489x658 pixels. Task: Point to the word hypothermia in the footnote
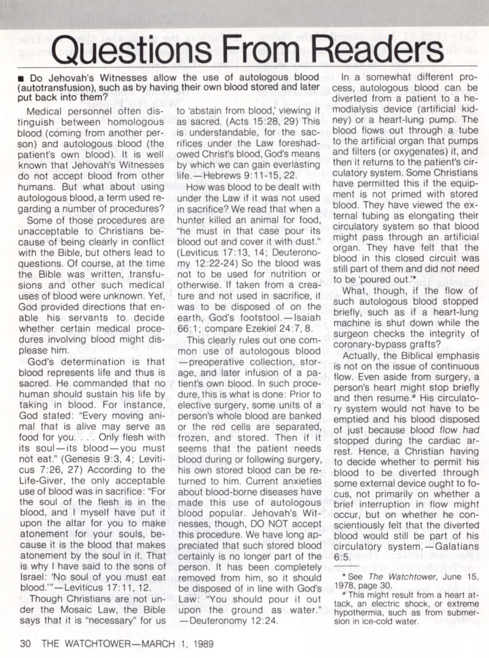coord(357,613)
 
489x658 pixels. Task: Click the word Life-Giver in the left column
coord(42,481)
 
